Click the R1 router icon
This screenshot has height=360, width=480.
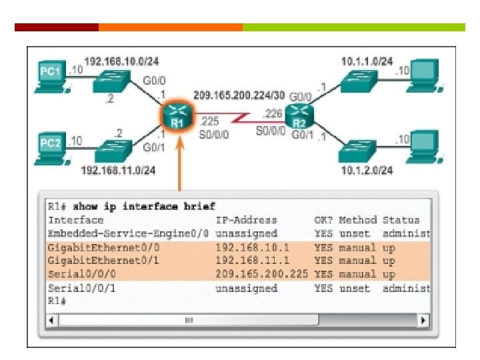[x=177, y=117]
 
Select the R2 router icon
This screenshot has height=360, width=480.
[x=299, y=118]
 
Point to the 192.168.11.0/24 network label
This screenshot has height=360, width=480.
[x=118, y=171]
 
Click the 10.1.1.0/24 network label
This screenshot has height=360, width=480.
[x=367, y=61]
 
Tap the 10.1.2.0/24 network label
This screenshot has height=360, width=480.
[x=367, y=171]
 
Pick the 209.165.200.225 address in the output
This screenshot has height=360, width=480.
[x=261, y=274]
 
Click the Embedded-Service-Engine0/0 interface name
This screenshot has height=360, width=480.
[x=129, y=233]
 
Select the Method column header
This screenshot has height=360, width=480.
[x=357, y=220]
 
